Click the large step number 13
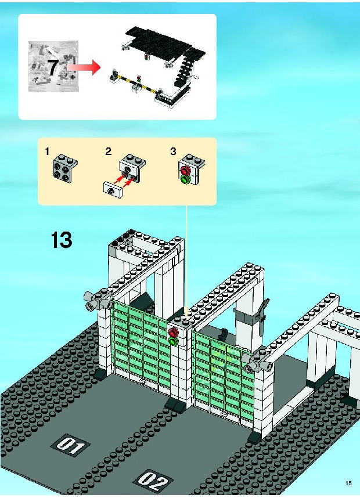[62, 240]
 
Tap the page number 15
[348, 483]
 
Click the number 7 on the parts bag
[53, 67]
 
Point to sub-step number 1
[47, 151]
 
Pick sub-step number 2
[109, 151]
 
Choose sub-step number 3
[173, 151]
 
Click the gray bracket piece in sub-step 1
[65, 168]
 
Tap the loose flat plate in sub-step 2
[112, 191]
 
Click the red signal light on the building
[174, 333]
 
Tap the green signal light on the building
[174, 342]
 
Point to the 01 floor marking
[70, 446]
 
